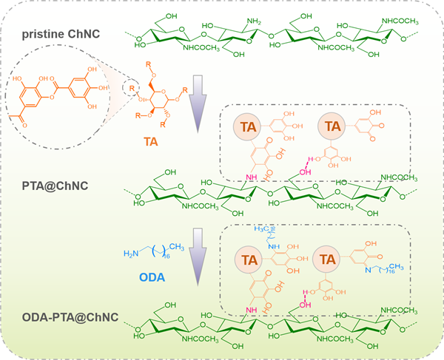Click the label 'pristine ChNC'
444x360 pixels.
click(x=62, y=35)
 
